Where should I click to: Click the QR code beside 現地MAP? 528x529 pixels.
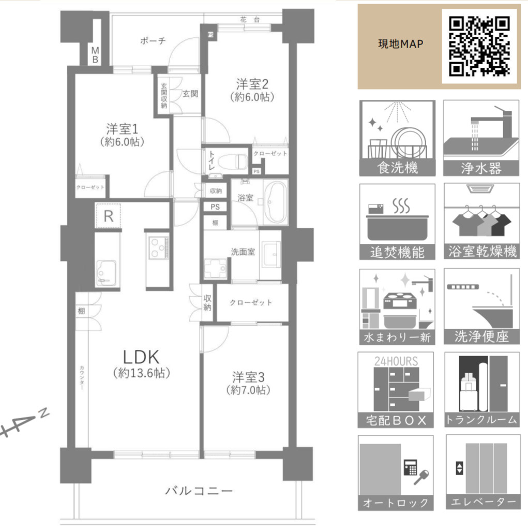click(x=479, y=47)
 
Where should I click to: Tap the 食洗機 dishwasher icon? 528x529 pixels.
click(x=397, y=138)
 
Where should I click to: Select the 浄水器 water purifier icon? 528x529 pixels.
click(x=481, y=138)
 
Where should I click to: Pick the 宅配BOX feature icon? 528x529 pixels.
click(x=396, y=390)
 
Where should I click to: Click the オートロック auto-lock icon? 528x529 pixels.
click(x=396, y=473)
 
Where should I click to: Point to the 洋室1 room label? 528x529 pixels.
click(x=122, y=129)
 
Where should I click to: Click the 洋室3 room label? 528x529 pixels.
click(x=248, y=377)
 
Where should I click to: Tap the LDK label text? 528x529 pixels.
click(x=141, y=357)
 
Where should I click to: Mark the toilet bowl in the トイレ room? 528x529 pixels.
click(x=233, y=162)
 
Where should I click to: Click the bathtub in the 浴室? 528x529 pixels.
click(x=276, y=202)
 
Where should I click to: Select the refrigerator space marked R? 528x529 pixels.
click(x=108, y=216)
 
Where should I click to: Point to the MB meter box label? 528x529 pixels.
click(x=96, y=55)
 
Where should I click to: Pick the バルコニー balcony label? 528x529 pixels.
click(x=199, y=491)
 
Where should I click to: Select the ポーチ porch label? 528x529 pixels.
click(x=153, y=41)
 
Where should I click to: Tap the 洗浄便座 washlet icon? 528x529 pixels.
click(x=482, y=306)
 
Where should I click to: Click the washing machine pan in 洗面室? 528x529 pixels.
click(x=216, y=268)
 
